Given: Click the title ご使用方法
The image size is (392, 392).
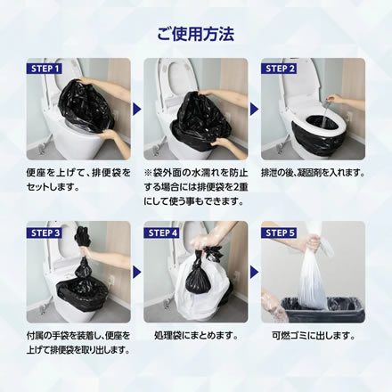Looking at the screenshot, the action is (196, 34).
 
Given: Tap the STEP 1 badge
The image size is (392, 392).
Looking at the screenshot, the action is (45, 69).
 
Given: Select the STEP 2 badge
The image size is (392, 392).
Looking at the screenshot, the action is (279, 69).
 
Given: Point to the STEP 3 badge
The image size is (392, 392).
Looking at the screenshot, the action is (45, 233).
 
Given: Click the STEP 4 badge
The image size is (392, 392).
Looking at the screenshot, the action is (162, 233).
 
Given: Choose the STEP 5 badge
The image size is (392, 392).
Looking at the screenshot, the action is (279, 233).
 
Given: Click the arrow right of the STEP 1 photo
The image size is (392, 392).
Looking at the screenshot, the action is (137, 109).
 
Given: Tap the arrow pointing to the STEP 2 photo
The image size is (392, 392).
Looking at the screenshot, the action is (254, 109).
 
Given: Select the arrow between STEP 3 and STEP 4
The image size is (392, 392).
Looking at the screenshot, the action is (137, 272).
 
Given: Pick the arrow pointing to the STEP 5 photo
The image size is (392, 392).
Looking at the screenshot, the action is (254, 272).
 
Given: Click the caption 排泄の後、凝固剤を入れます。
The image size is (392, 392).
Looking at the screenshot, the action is (313, 173).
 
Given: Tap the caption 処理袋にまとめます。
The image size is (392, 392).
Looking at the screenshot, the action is (197, 336).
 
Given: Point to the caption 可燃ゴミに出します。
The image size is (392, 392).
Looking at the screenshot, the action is (314, 336).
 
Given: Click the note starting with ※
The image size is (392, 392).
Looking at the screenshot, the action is (196, 187).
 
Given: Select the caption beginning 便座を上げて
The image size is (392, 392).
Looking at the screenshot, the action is (78, 180).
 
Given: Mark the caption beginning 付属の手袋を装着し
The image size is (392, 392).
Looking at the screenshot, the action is (78, 343).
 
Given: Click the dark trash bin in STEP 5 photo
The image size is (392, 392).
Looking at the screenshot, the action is (323, 310).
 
